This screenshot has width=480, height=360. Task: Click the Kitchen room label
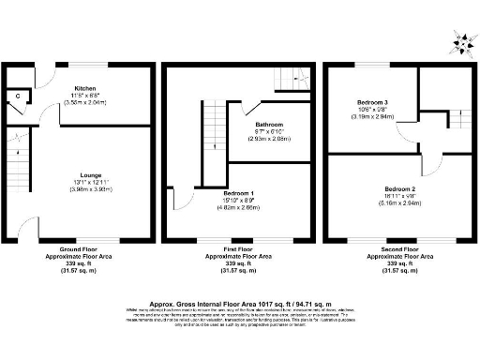coord(86,87)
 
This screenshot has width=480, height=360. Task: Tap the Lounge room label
coord(91,174)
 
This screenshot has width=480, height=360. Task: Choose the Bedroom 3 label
coord(372,101)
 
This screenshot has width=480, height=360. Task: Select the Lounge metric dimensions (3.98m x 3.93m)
coord(91,188)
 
